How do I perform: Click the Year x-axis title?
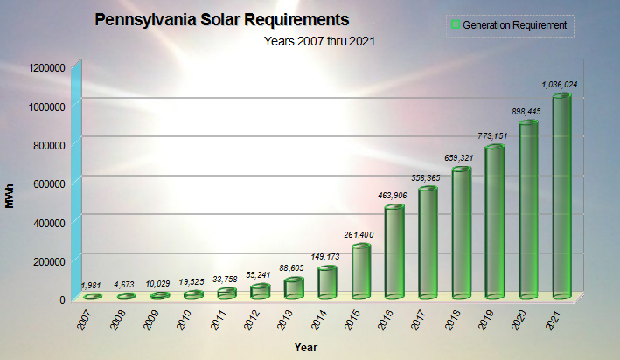click(x=306, y=348)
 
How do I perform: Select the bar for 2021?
click(x=561, y=197)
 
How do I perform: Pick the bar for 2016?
click(x=394, y=253)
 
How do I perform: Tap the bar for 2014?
click(x=327, y=282)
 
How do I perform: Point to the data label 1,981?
click(x=92, y=286)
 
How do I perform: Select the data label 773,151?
click(x=496, y=136)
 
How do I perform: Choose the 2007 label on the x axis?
click(x=82, y=318)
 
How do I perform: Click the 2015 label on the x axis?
click(x=352, y=318)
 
